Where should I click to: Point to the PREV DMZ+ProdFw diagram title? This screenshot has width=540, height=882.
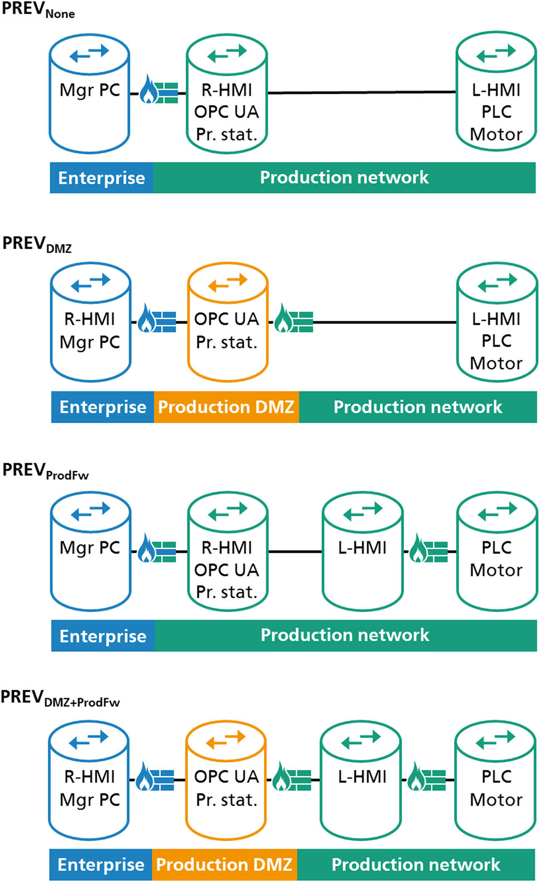coord(60,698)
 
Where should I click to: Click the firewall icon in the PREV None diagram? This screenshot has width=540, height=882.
coord(158,90)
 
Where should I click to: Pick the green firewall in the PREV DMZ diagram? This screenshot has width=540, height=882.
coord(294,320)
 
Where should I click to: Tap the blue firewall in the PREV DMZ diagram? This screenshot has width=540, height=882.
coord(157,320)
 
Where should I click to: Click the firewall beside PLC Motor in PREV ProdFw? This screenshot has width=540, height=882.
coord(429,550)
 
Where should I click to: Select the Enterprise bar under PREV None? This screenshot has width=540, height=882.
coord(101,178)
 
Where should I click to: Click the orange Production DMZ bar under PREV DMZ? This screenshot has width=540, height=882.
coord(226,407)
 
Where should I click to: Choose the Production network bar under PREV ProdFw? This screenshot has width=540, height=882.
coord(345,635)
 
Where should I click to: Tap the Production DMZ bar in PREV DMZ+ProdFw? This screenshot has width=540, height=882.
coord(224,864)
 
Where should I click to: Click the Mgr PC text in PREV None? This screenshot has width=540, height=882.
coord(90,90)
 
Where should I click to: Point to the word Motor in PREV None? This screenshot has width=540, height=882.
coord(496,134)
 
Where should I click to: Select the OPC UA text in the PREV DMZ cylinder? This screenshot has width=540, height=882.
coord(227,319)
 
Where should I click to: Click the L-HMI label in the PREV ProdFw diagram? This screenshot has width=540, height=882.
coord(362,548)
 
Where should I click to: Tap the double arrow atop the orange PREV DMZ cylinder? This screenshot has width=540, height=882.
coord(227,283)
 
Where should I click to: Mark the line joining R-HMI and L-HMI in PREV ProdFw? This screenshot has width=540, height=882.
coord(295,552)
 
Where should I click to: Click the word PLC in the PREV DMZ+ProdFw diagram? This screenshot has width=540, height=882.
coord(496,777)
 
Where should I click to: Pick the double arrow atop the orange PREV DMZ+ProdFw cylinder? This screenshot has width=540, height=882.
coord(226,739)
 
